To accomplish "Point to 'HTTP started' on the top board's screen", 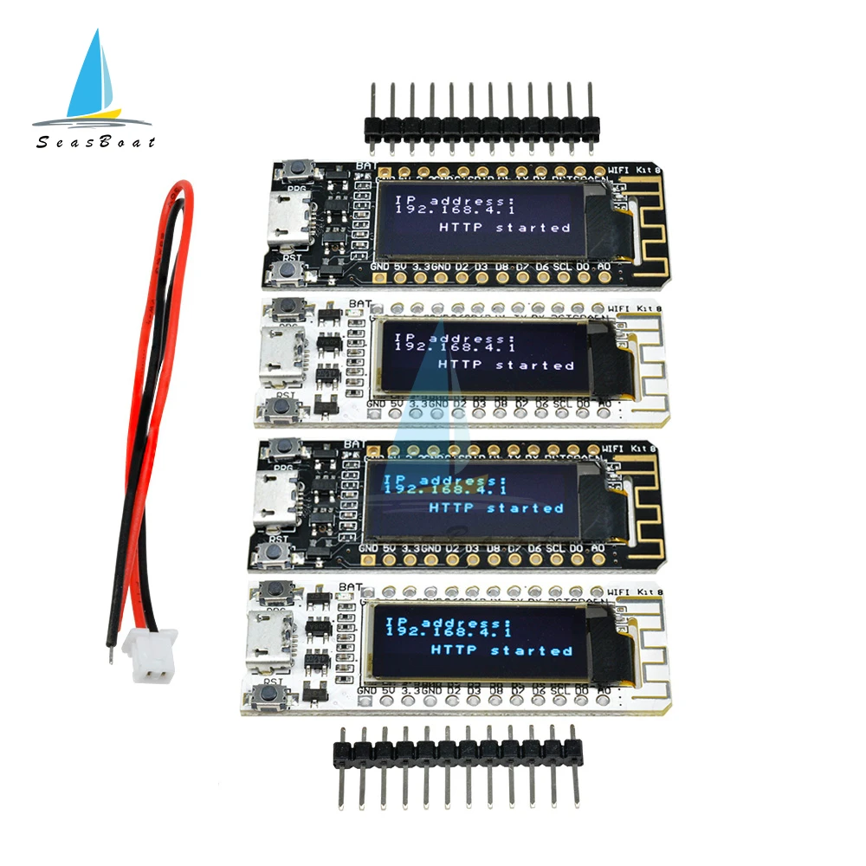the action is click(505, 228).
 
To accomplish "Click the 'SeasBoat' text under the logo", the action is click(95, 141).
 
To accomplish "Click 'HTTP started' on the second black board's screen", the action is click(495, 508).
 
